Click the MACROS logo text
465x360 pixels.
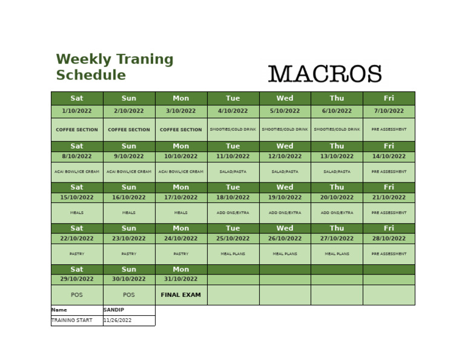point(325,75)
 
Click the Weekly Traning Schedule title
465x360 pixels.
point(114,67)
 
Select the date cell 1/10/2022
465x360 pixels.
point(77,111)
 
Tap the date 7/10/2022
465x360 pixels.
point(389,111)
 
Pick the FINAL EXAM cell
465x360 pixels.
point(180,295)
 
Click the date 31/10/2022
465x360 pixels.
point(180,279)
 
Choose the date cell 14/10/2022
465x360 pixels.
point(389,156)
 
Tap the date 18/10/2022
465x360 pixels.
point(233,198)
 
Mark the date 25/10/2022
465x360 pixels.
point(233,238)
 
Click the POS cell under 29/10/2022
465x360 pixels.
point(77,295)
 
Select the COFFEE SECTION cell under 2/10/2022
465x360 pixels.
point(129,130)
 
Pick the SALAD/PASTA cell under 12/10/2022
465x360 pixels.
point(285,172)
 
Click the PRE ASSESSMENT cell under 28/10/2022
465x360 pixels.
point(389,254)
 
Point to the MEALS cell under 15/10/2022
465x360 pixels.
point(77,213)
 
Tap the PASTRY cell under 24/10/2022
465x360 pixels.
point(180,254)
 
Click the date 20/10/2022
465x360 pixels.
point(337,198)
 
